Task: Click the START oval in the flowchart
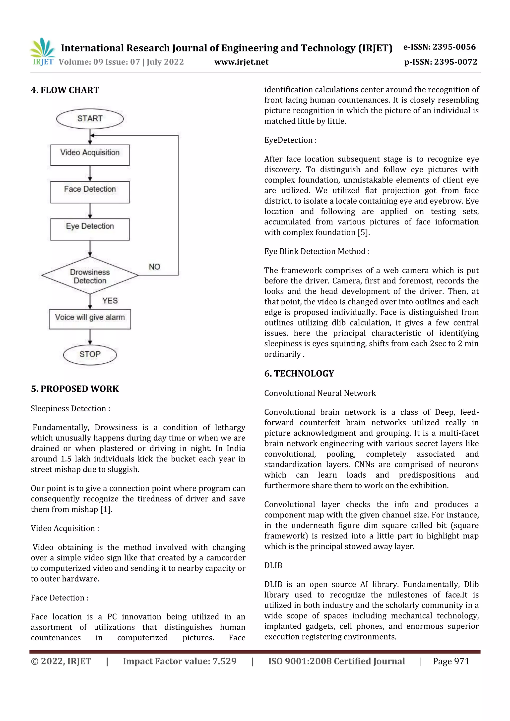pyautogui.click(x=90, y=119)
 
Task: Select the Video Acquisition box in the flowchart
pyautogui.click(x=90, y=155)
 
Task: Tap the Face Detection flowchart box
pyautogui.click(x=90, y=192)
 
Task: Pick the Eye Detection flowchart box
pyautogui.click(x=90, y=229)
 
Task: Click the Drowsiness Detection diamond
pyautogui.click(x=90, y=276)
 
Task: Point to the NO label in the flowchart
pyautogui.click(x=154, y=267)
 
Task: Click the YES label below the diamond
pyautogui.click(x=110, y=301)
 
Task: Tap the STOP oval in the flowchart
pyautogui.click(x=90, y=355)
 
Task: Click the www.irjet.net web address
pyautogui.click(x=241, y=62)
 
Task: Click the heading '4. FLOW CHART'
pyautogui.click(x=65, y=90)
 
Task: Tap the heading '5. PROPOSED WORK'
pyautogui.click(x=75, y=389)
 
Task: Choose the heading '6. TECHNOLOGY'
pyautogui.click(x=299, y=373)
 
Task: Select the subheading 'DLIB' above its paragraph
pyautogui.click(x=273, y=565)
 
